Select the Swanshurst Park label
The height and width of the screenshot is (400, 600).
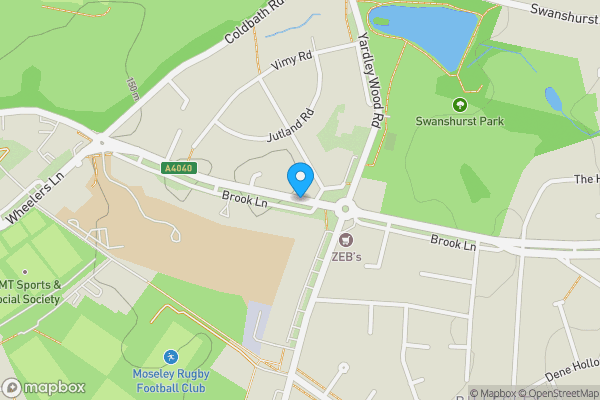click(459, 122)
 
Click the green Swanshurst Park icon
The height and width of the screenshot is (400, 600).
click(460, 104)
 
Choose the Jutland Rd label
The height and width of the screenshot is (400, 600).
click(292, 127)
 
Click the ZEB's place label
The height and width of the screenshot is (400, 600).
click(347, 255)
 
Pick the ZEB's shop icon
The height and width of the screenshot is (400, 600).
click(347, 239)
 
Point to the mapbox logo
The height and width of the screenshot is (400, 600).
click(44, 387)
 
